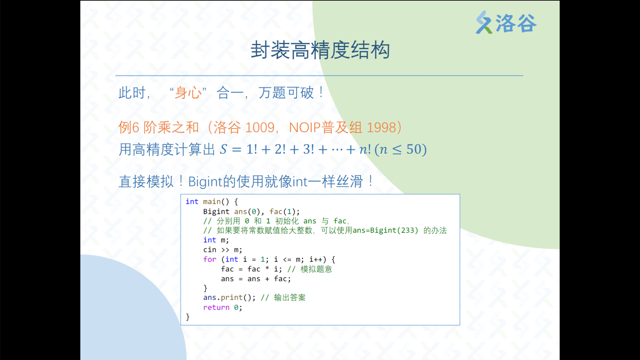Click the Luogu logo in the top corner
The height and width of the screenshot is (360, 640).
point(506,23)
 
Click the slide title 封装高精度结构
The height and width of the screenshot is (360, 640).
point(320,50)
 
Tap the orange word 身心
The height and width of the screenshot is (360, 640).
point(188,93)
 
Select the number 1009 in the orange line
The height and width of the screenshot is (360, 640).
point(260,128)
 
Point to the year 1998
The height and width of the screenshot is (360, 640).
point(381,128)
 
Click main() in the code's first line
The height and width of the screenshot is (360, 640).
point(216,202)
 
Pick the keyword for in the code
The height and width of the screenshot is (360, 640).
point(210,259)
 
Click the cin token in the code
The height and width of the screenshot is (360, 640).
point(210,250)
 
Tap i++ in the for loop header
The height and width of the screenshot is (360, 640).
point(316,259)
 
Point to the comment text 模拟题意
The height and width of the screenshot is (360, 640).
point(316,269)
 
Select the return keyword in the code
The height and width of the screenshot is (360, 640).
point(216,307)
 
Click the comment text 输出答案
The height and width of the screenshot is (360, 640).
point(290,297)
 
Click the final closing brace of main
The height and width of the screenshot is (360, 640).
point(188,317)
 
